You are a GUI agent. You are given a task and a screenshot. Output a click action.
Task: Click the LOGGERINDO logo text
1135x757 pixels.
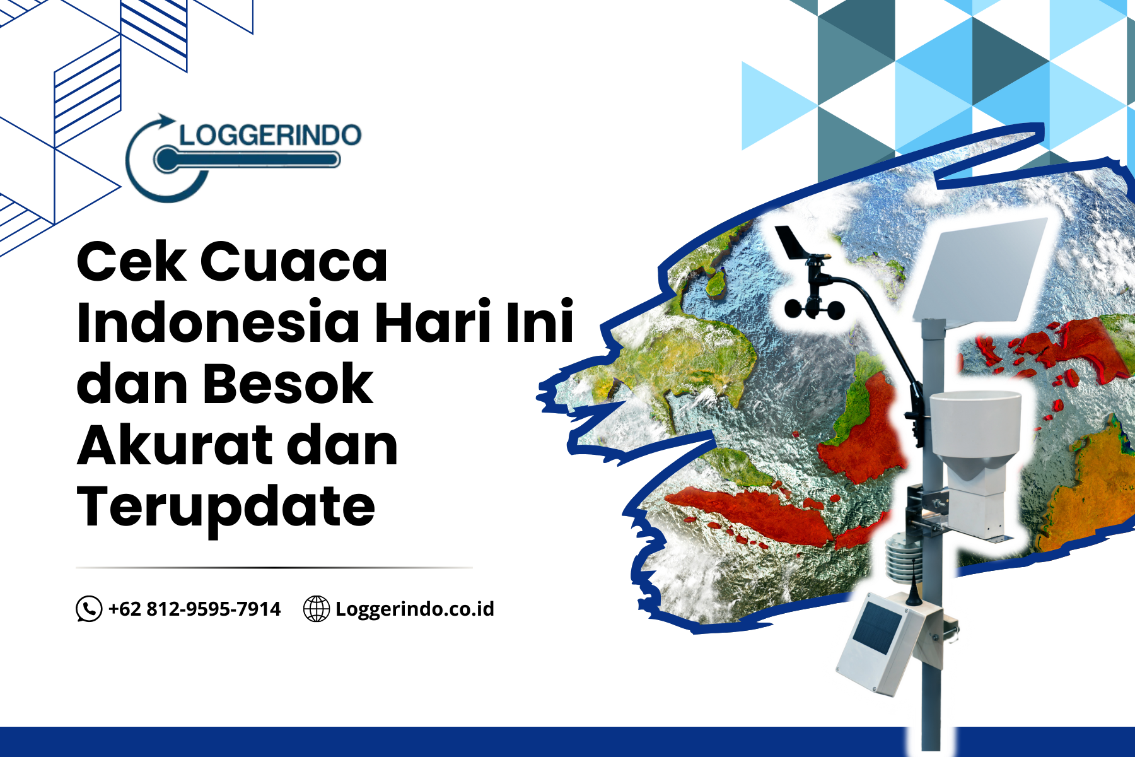point(270,134)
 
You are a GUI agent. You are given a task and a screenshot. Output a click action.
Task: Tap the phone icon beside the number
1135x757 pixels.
point(89,609)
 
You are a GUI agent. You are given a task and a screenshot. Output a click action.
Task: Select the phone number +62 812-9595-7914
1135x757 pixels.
point(194,609)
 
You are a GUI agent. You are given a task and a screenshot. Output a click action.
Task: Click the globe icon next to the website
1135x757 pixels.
point(317,609)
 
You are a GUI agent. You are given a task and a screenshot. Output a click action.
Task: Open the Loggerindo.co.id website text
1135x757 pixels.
point(414,609)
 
